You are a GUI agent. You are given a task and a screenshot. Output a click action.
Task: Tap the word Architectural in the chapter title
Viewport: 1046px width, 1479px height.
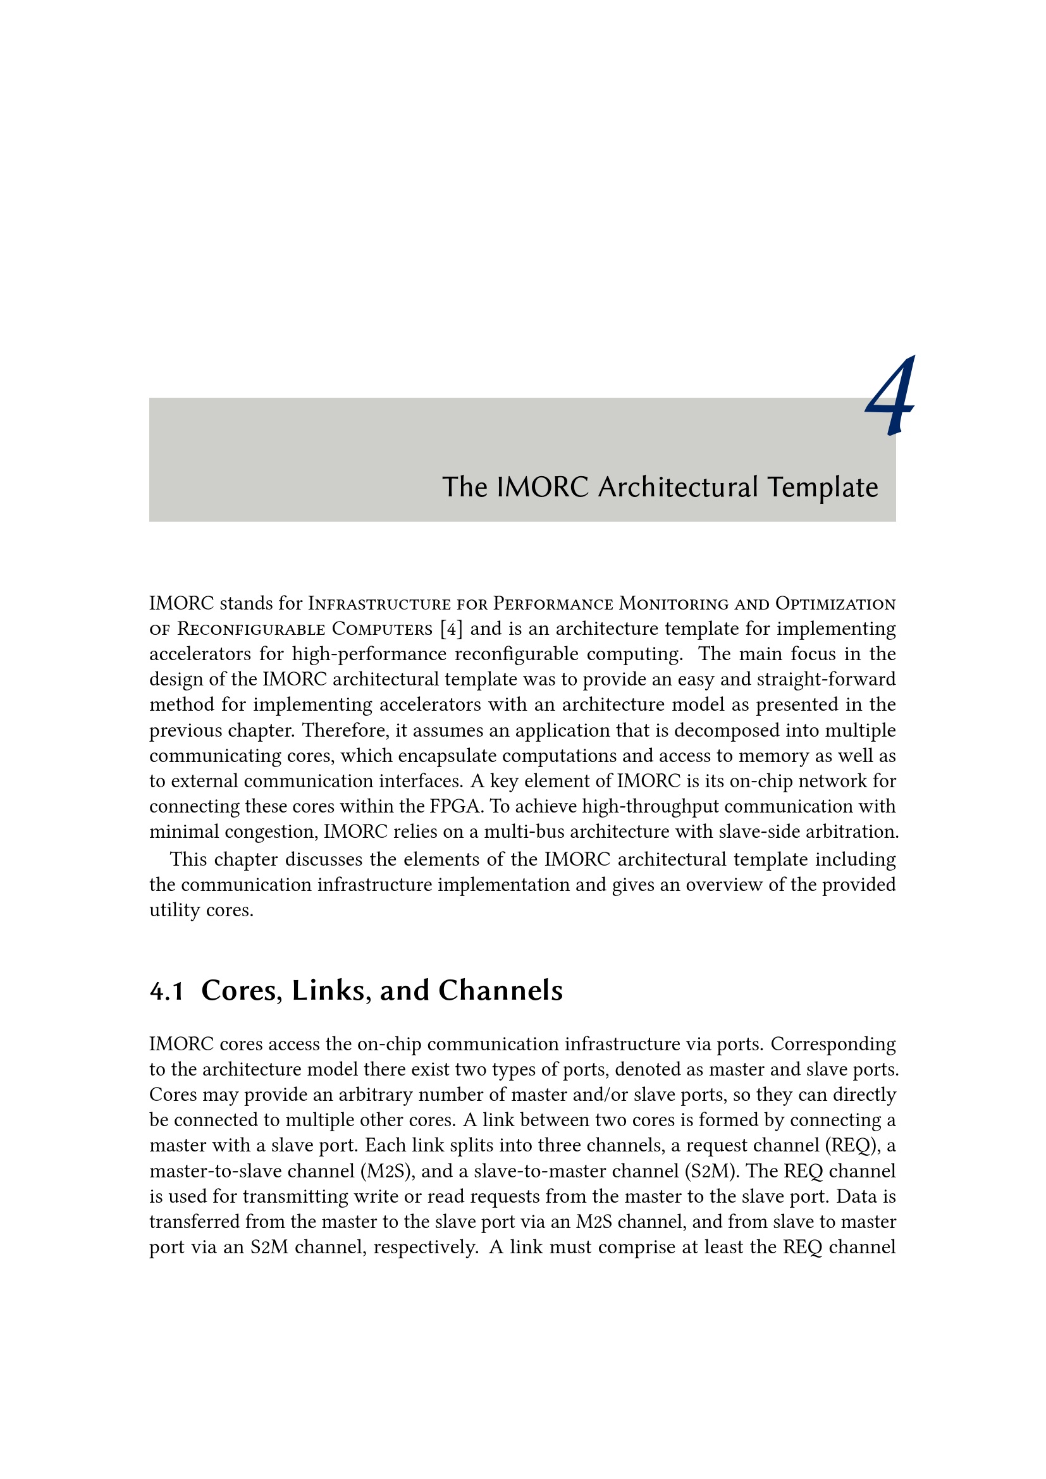pyautogui.click(x=677, y=488)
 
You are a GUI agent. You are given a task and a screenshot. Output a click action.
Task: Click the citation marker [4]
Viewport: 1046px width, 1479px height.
pyautogui.click(x=451, y=629)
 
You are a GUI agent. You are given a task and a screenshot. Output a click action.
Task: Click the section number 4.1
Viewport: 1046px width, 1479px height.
pyautogui.click(x=167, y=991)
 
